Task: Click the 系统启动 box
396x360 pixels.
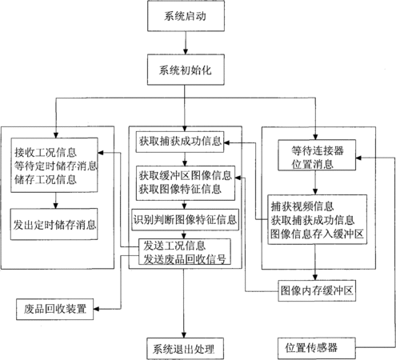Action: [186, 16]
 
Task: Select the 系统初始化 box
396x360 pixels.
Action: [186, 70]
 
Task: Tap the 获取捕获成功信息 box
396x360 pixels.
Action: [180, 142]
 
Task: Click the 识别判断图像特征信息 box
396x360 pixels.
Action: [185, 220]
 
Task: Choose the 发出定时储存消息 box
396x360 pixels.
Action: [54, 224]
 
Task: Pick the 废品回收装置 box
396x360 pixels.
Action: [54, 309]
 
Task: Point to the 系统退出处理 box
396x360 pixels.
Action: [185, 349]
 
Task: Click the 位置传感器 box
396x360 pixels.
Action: [317, 348]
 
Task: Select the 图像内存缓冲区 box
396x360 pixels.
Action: [317, 290]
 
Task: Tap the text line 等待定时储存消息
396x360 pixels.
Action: [55, 166]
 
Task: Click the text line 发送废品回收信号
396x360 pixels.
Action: [185, 259]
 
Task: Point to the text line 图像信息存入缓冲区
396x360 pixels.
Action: [317, 234]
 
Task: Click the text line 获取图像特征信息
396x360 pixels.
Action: [180, 189]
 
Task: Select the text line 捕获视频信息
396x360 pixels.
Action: [302, 206]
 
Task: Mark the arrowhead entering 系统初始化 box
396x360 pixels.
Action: [186, 51]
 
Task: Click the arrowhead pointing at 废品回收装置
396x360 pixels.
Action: [96, 309]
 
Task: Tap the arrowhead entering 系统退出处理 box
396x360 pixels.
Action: [184, 335]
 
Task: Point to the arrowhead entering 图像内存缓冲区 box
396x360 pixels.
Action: [315, 277]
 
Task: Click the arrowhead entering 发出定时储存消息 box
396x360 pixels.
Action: [55, 206]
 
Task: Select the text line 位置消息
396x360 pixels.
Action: [312, 164]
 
